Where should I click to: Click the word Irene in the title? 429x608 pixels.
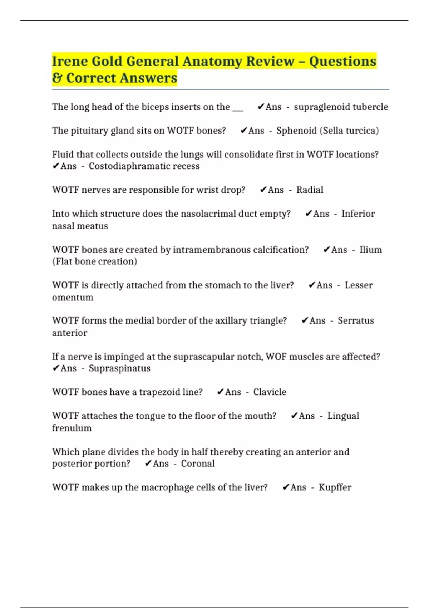click(70, 61)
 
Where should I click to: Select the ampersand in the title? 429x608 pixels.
click(57, 78)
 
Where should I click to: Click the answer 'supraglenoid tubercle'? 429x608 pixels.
click(341, 107)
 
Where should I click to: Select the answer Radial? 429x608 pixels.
click(310, 190)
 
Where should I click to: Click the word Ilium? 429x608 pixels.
click(370, 250)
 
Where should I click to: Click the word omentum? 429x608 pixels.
click(73, 298)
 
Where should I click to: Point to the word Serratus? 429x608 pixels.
click(356, 320)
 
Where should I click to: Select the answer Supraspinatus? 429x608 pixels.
click(119, 368)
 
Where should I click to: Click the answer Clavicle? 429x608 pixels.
click(270, 392)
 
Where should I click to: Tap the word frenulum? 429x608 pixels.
click(72, 428)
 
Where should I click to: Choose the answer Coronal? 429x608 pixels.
click(198, 464)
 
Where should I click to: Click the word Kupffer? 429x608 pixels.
click(335, 487)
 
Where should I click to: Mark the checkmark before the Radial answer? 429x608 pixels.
click(263, 190)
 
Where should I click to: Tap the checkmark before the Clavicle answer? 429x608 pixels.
click(220, 392)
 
